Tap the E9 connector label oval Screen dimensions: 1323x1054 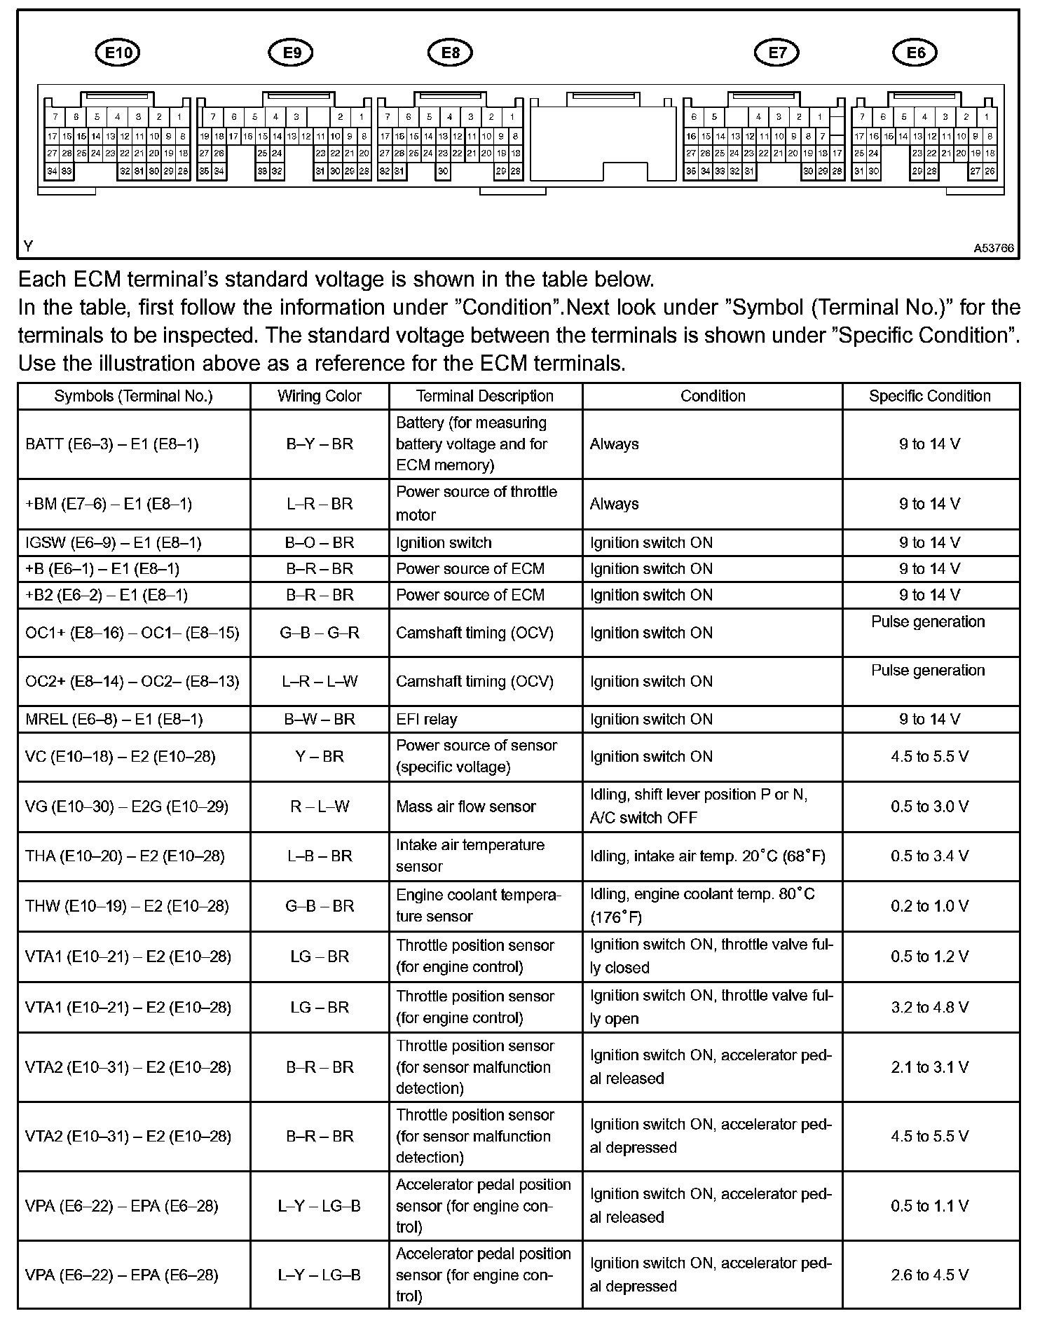point(291,53)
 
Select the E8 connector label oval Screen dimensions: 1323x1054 point(450,53)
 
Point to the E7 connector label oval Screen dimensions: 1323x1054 point(776,53)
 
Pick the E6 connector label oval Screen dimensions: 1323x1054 point(915,53)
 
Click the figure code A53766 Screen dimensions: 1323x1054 point(993,248)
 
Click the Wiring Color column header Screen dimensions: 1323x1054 point(319,396)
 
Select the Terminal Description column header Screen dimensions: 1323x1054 point(485,396)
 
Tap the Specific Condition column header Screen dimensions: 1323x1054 point(930,396)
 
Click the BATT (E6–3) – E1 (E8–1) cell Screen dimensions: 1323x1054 point(112,444)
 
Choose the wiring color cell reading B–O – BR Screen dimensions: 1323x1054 point(320,543)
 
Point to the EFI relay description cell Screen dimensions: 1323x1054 point(427,720)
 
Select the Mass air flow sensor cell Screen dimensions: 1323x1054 point(466,807)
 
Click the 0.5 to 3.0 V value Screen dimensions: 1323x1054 point(930,807)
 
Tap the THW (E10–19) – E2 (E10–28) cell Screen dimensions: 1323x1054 point(127,907)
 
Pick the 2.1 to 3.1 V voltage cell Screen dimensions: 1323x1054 point(930,1067)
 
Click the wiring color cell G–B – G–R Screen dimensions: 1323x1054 point(320,633)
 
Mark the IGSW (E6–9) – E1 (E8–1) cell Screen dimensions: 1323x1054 point(114,543)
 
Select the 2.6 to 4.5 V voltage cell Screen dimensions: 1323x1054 point(930,1275)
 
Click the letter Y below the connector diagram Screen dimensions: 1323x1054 point(28,247)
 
